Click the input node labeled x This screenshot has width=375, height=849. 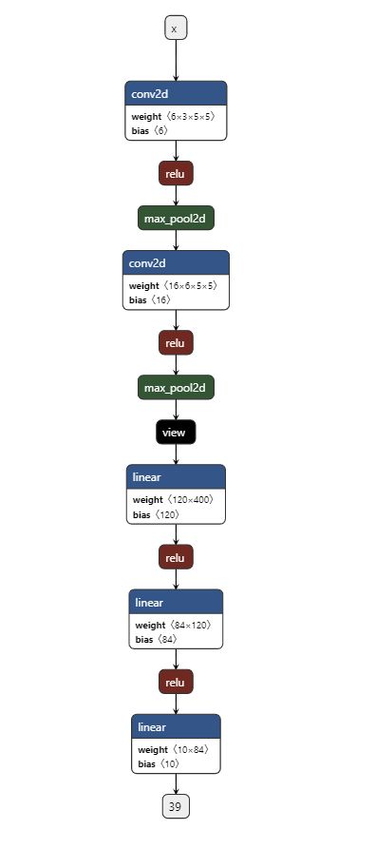(175, 29)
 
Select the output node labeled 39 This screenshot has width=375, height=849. (175, 806)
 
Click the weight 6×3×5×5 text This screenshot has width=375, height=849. (172, 116)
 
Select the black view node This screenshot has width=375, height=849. (176, 432)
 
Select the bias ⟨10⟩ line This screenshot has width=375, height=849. (158, 763)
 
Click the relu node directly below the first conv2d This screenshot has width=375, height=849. (176, 173)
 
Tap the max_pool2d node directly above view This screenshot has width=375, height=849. (176, 387)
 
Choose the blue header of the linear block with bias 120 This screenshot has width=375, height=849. (176, 477)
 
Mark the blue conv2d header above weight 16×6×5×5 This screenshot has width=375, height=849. (176, 263)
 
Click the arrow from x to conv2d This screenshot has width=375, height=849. (176, 60)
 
